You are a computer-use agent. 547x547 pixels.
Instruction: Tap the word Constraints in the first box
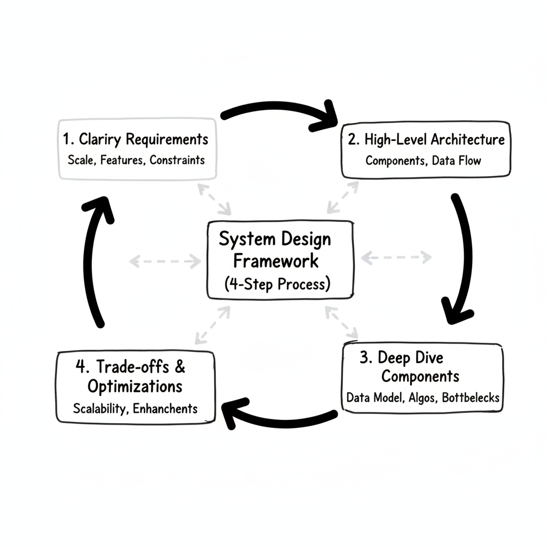pyautogui.click(x=177, y=160)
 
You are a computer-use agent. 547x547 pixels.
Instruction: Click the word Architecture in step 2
pyautogui.click(x=467, y=140)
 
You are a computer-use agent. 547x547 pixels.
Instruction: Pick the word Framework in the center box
pyautogui.click(x=276, y=261)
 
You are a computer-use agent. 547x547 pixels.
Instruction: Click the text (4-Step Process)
pyautogui.click(x=276, y=283)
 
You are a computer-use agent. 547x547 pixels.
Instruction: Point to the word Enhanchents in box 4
pyautogui.click(x=165, y=409)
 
